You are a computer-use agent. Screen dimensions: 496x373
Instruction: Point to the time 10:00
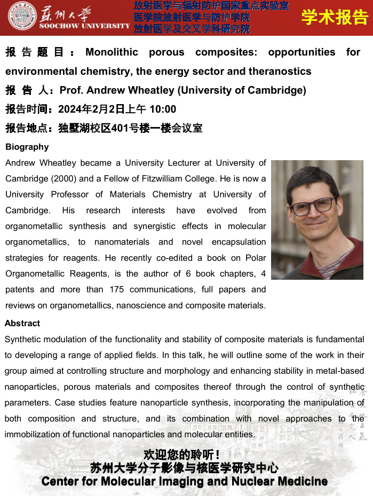163,109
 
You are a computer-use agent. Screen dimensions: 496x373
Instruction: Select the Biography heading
27,147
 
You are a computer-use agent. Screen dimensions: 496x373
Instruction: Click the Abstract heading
22,323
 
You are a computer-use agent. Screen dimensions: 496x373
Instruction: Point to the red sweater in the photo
342,262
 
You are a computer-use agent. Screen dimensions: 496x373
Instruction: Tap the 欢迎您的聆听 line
182,455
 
